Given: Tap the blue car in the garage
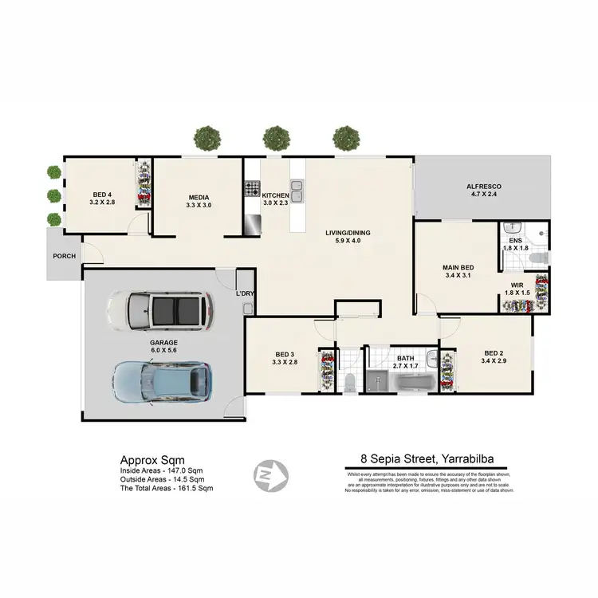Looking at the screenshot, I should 163,379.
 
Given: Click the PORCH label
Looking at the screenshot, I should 65,257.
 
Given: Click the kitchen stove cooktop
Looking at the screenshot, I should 253,190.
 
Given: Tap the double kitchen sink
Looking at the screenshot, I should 297,191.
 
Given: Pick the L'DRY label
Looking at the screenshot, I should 245,293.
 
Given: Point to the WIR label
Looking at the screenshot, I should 517,285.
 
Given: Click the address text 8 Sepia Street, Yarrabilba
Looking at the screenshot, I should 430,458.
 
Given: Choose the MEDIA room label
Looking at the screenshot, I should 199,197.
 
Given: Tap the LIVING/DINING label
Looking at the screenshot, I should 348,233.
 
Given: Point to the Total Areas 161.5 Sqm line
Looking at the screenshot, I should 167,487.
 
